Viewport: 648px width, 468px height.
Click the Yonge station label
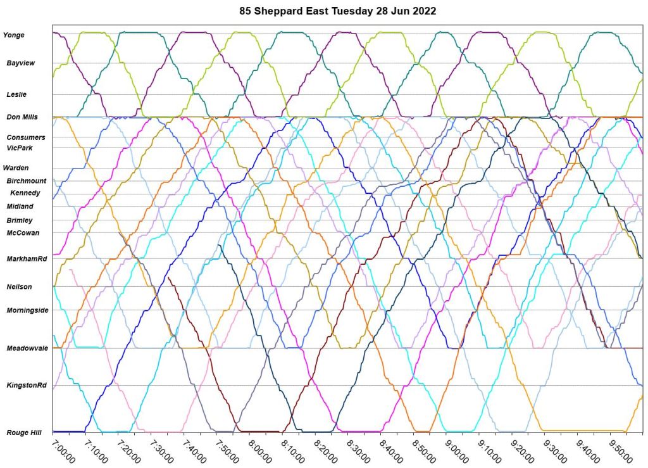pos(14,35)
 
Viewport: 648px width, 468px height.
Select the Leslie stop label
pos(16,94)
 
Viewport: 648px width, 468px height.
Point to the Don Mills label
pos(22,117)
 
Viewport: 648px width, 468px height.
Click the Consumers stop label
pos(26,137)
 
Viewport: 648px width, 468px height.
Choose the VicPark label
pos(20,148)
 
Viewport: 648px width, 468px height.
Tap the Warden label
pos(16,168)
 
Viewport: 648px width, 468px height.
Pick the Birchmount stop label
pos(27,181)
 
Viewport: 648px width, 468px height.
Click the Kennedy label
pos(25,193)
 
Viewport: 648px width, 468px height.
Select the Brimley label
pos(20,220)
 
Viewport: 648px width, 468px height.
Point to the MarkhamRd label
pos(27,259)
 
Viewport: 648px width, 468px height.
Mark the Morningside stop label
pos(27,310)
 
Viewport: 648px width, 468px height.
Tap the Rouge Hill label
pos(24,433)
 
